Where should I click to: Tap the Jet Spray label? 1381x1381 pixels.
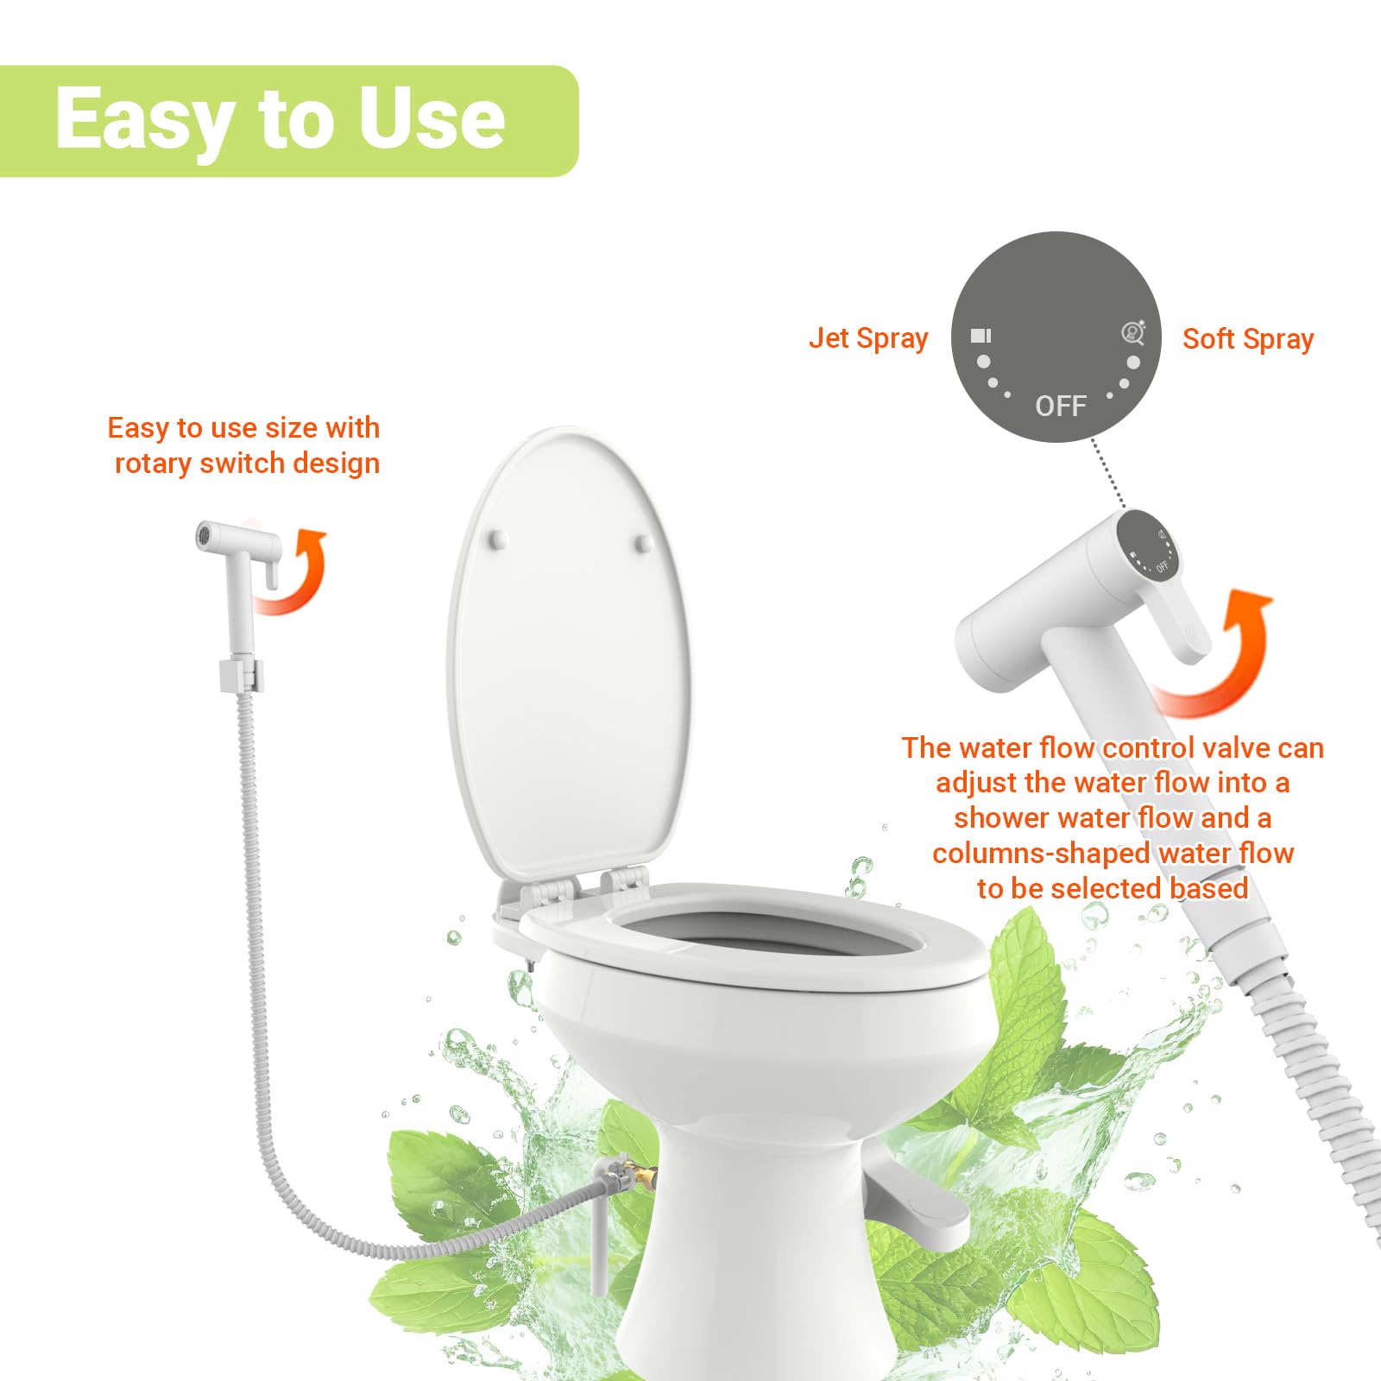coord(868,338)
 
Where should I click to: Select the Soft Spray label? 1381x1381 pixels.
coord(1248,339)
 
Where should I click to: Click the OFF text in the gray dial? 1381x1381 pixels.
coord(1060,406)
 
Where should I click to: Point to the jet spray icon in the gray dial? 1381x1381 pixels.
coord(981,336)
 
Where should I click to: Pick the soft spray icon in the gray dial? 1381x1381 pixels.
coord(1133,332)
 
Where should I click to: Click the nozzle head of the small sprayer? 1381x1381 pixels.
coord(205,534)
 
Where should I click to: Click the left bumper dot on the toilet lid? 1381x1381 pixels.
coord(498,540)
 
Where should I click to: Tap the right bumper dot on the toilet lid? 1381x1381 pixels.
coord(644,543)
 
